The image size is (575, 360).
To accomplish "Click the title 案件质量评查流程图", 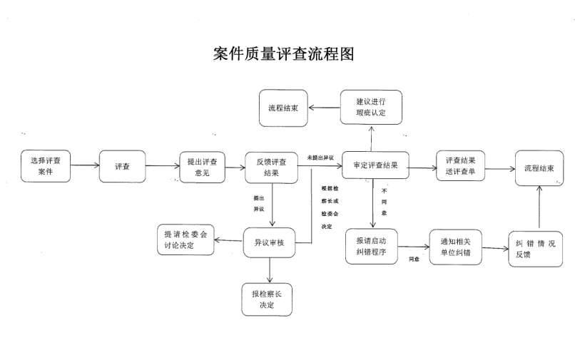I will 284,54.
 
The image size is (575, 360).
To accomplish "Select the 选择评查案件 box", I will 46,166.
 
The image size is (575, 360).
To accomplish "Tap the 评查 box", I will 122,166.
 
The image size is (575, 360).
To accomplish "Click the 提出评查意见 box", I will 203,166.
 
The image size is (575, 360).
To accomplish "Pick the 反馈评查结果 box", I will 270,167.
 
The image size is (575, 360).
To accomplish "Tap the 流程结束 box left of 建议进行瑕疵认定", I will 283,108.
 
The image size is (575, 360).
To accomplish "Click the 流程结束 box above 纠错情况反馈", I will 539,168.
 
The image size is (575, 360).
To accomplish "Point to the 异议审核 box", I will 270,242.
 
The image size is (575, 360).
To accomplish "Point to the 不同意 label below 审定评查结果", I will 384,201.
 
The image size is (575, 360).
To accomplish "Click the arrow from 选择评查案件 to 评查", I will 84,166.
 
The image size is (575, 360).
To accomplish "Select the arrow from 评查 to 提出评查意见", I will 161,166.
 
